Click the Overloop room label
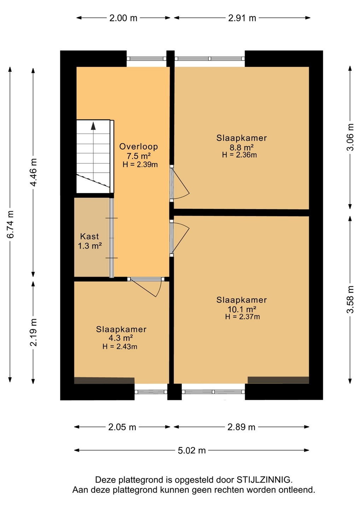click(x=138, y=147)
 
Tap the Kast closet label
click(x=89, y=236)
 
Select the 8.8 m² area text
click(x=242, y=147)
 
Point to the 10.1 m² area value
click(x=242, y=309)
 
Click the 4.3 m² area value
click(x=121, y=338)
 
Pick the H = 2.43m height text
click(x=120, y=346)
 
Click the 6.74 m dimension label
click(x=11, y=224)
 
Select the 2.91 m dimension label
click(x=242, y=18)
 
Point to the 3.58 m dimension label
click(x=350, y=299)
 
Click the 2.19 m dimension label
click(x=33, y=332)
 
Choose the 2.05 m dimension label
click(x=122, y=427)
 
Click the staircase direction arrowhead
click(x=93, y=126)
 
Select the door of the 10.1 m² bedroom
click(x=180, y=238)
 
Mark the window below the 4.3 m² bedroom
click(x=151, y=392)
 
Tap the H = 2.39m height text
click(x=140, y=164)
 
